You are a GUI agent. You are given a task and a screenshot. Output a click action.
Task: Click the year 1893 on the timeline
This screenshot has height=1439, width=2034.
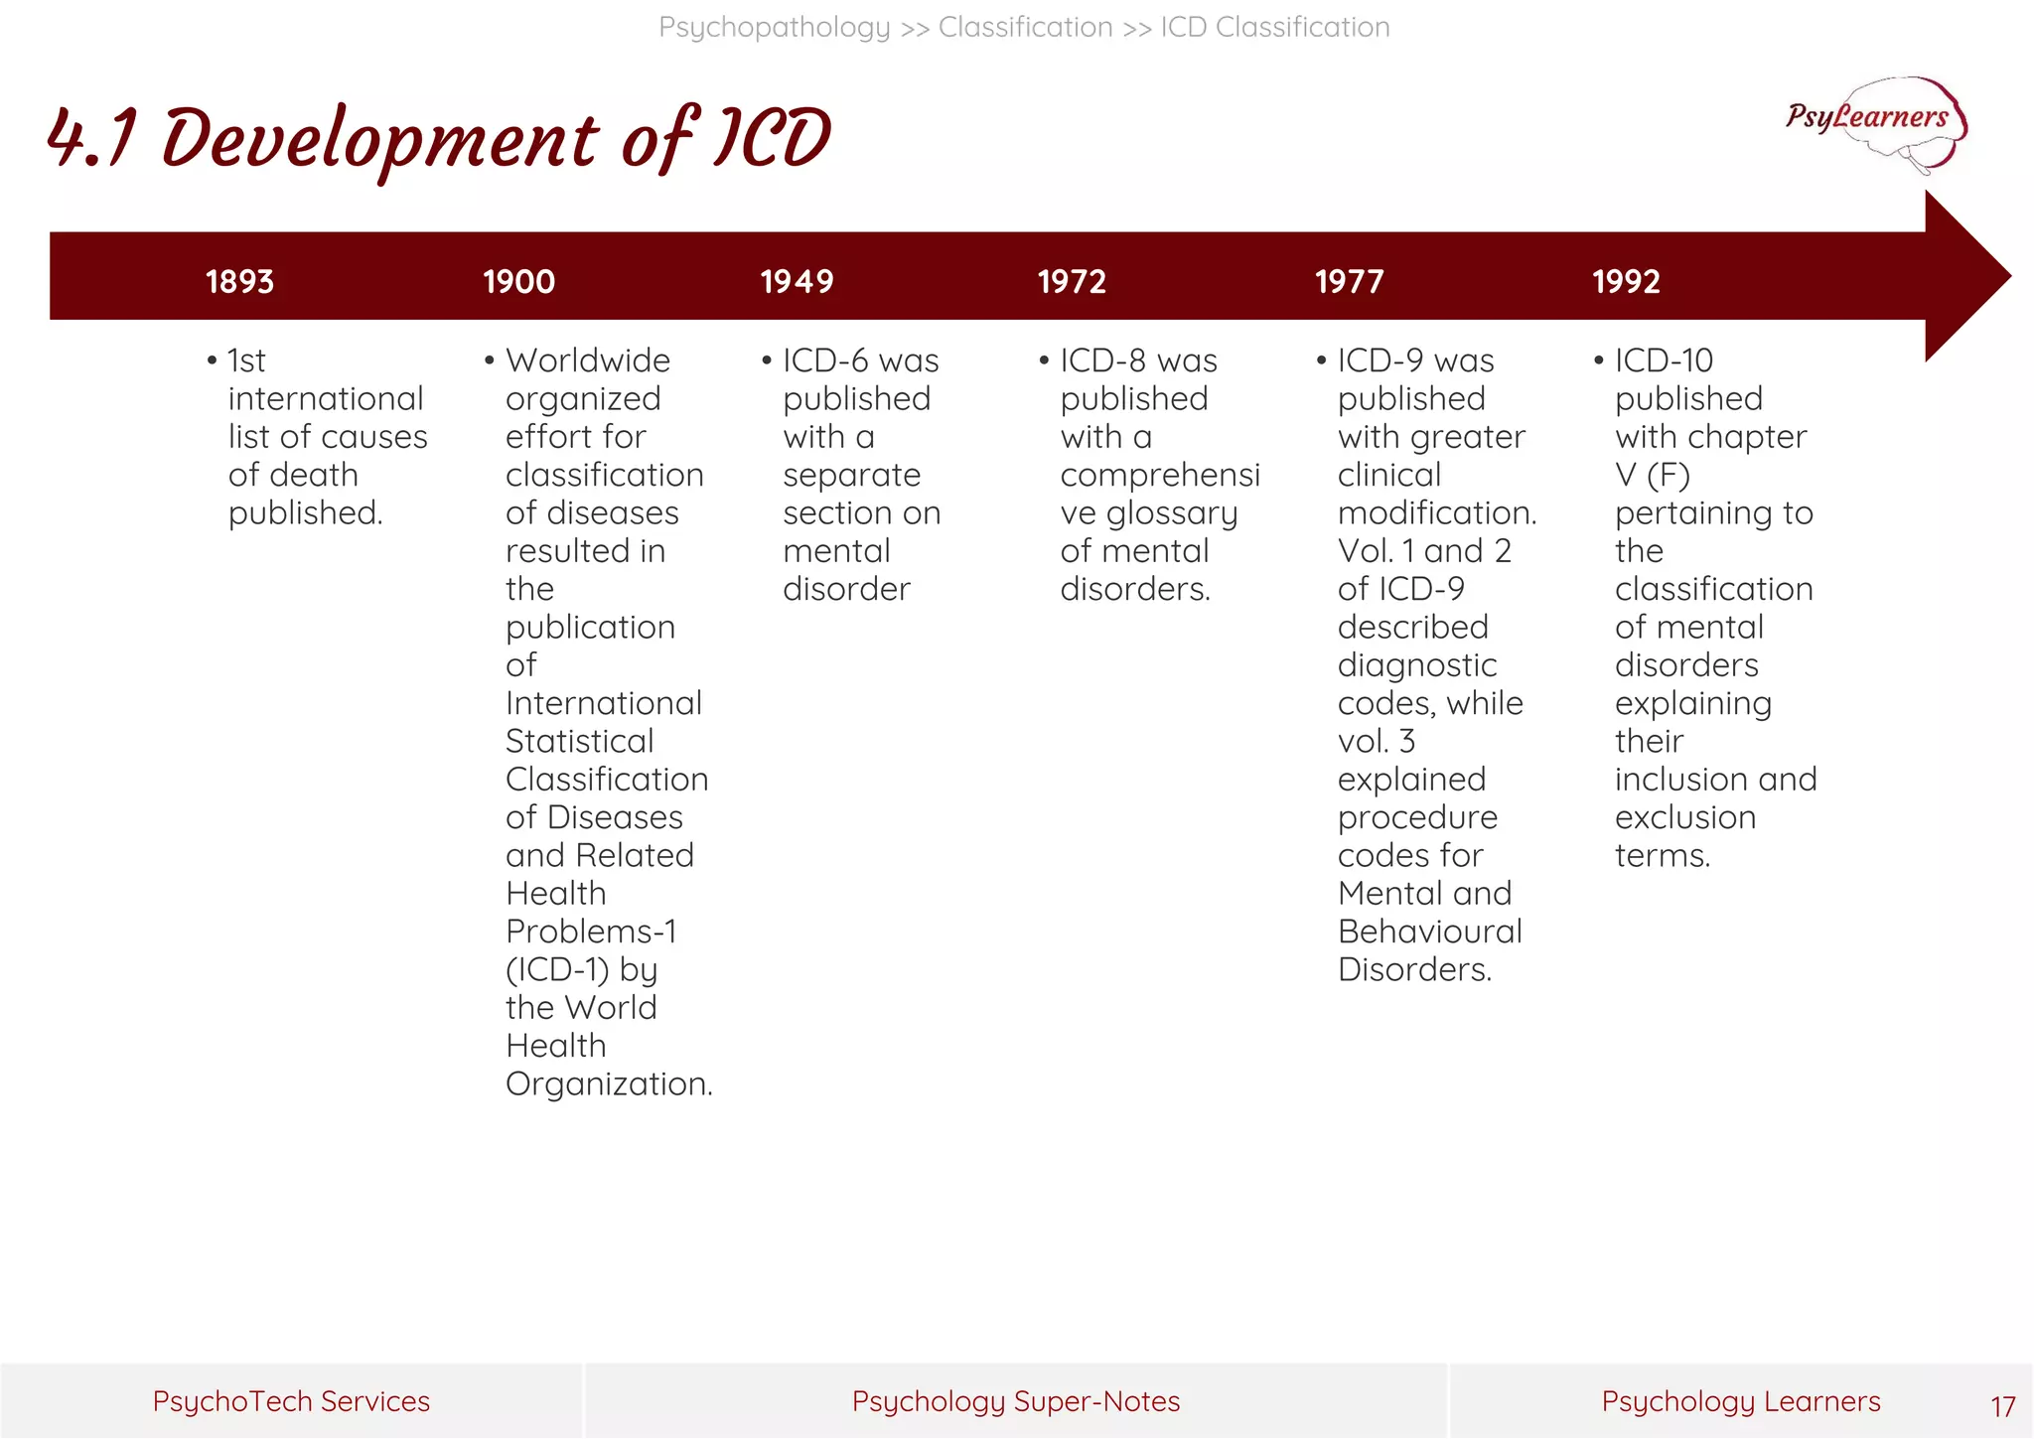(239, 282)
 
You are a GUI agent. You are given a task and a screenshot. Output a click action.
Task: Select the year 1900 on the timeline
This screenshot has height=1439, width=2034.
(518, 282)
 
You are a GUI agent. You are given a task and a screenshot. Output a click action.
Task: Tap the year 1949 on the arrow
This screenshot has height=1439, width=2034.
(797, 282)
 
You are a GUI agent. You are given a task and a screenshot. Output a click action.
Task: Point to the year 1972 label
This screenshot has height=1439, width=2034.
(1072, 282)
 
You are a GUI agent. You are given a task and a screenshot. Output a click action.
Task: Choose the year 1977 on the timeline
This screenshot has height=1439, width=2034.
(1349, 282)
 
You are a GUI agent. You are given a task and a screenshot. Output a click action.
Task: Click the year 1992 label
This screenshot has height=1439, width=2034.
(1626, 282)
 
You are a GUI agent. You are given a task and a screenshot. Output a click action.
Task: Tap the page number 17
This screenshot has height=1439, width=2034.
(2002, 1406)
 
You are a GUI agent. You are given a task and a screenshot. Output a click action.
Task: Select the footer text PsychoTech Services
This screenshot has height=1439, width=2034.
(291, 1401)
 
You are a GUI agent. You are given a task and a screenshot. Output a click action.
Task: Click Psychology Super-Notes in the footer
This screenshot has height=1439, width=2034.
(1016, 1401)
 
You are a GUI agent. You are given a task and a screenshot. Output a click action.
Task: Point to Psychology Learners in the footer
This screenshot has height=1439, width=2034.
(1740, 1401)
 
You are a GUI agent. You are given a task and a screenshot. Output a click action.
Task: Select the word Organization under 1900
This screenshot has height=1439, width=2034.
(607, 1083)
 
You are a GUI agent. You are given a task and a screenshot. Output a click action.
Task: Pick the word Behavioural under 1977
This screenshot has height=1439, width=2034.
(1429, 932)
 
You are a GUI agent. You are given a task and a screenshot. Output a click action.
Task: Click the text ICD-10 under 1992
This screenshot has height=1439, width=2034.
(1664, 360)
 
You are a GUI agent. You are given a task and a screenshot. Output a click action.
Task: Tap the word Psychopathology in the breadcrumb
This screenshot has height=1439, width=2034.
(774, 27)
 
